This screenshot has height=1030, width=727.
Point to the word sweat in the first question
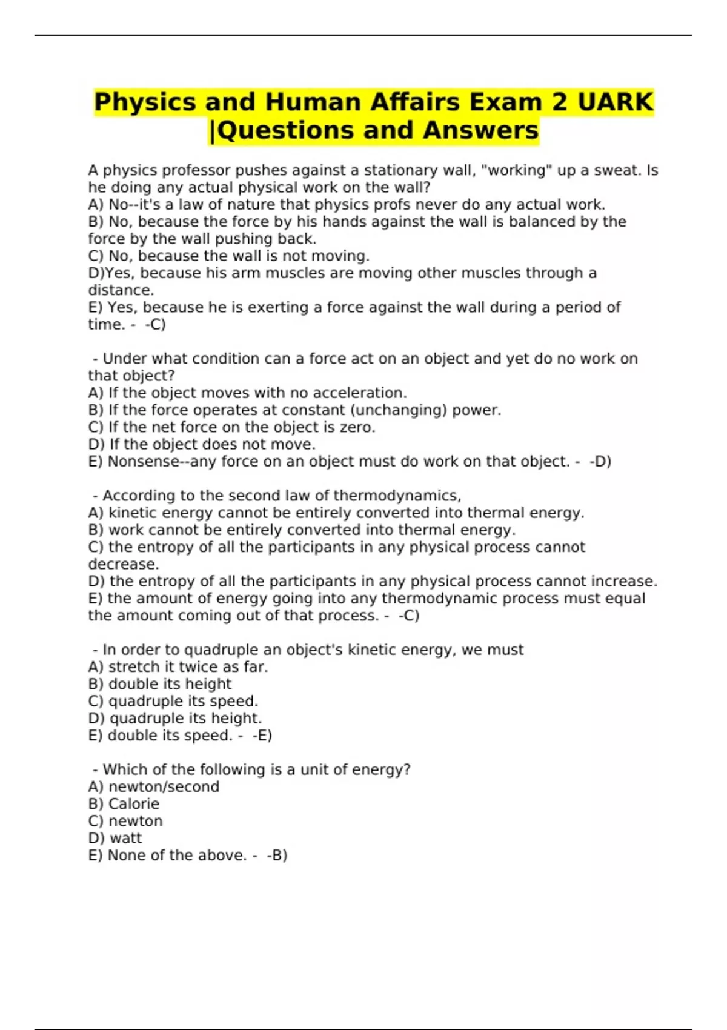(x=617, y=170)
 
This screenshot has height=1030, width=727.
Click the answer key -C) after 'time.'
(x=156, y=324)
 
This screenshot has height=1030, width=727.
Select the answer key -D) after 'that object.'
(x=600, y=461)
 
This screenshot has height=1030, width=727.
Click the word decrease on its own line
(x=123, y=564)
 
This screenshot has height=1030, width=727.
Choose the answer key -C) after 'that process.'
(x=409, y=616)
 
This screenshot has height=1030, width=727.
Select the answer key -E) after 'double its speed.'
(x=262, y=736)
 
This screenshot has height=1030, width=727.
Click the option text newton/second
(x=164, y=787)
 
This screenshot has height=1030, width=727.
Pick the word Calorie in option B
(x=134, y=804)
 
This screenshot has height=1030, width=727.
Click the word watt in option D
(x=125, y=838)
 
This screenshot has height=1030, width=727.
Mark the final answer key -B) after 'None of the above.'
(x=277, y=856)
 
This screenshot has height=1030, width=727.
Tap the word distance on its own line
(x=120, y=290)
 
